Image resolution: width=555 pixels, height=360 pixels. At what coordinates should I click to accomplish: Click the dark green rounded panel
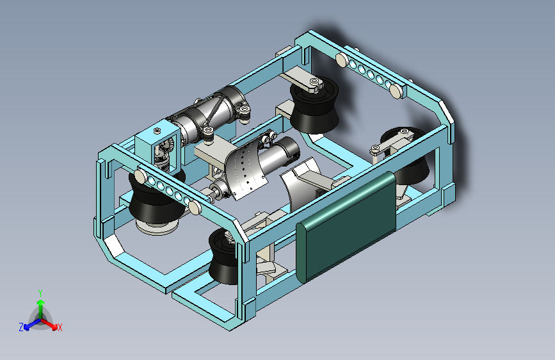tap(346, 227)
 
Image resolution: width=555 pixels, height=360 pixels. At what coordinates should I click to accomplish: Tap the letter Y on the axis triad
tap(40, 293)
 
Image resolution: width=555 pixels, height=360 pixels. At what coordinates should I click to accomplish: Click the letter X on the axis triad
tap(60, 328)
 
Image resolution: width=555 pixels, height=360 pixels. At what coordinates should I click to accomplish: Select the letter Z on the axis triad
tap(21, 327)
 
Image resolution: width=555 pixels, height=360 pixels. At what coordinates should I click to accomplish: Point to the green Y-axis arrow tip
tap(41, 302)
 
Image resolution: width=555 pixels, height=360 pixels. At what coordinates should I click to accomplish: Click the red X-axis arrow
tap(49, 324)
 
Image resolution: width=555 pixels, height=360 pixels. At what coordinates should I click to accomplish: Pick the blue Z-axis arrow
tap(33, 324)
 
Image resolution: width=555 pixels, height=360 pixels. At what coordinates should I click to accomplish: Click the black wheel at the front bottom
tap(223, 257)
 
